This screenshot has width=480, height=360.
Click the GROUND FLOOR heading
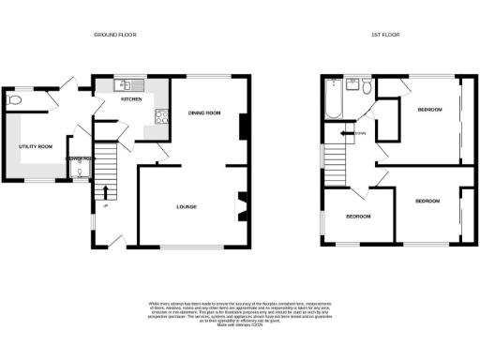(x=114, y=34)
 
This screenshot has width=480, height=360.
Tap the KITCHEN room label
(x=129, y=97)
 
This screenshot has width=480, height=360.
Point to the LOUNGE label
(x=187, y=205)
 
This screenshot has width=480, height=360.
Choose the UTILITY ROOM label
(x=36, y=147)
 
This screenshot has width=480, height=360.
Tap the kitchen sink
(x=125, y=86)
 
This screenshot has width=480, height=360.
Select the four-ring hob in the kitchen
(x=160, y=117)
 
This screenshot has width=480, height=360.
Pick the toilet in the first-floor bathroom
(x=367, y=86)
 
